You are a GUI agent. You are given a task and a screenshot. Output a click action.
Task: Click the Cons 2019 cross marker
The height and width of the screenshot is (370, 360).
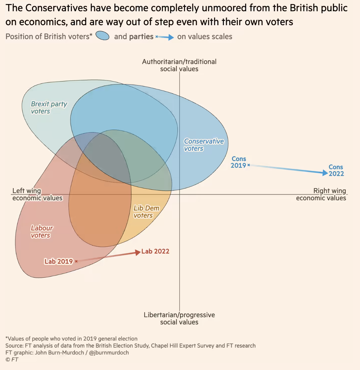coord(249,165)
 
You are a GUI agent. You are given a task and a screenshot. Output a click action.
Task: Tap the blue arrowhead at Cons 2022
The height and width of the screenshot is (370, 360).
coord(325,173)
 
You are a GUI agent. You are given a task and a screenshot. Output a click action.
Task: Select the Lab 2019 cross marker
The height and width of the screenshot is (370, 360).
coord(76,261)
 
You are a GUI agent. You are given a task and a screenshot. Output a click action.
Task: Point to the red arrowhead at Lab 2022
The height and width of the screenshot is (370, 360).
coord(138,252)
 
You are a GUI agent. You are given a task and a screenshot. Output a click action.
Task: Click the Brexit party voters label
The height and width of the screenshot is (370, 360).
coord(49,108)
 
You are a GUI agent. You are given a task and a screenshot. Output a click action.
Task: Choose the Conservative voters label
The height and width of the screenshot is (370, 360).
coord(204,145)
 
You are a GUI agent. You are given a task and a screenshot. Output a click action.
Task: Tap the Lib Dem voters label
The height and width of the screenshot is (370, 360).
coord(146,212)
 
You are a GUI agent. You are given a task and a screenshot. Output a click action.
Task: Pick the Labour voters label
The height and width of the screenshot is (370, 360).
coord(42,232)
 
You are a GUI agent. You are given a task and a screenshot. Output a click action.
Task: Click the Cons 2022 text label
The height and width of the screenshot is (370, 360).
coord(336,170)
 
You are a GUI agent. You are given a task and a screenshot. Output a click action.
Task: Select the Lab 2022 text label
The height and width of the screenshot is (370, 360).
coord(155,251)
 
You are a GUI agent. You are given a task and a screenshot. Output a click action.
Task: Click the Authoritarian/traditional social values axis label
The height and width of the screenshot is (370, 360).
coord(179,65)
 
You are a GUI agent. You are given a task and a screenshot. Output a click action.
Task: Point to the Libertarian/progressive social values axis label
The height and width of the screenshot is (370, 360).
coord(179,318)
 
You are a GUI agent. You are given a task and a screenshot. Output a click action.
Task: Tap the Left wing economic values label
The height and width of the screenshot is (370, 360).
coord(37,194)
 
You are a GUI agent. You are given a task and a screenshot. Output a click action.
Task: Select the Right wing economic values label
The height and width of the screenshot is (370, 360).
coord(321,194)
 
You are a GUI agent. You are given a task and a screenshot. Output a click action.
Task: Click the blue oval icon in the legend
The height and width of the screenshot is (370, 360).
coord(103,36)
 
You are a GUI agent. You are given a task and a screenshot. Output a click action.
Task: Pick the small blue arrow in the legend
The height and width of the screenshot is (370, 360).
coord(165,37)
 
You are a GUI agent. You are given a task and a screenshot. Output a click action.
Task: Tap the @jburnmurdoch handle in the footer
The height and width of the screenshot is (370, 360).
coord(109,353)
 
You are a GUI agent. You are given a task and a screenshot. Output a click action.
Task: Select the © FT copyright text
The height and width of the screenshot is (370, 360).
coord(12,359)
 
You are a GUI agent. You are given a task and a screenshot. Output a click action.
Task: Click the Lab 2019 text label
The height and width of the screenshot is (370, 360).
coord(58,261)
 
